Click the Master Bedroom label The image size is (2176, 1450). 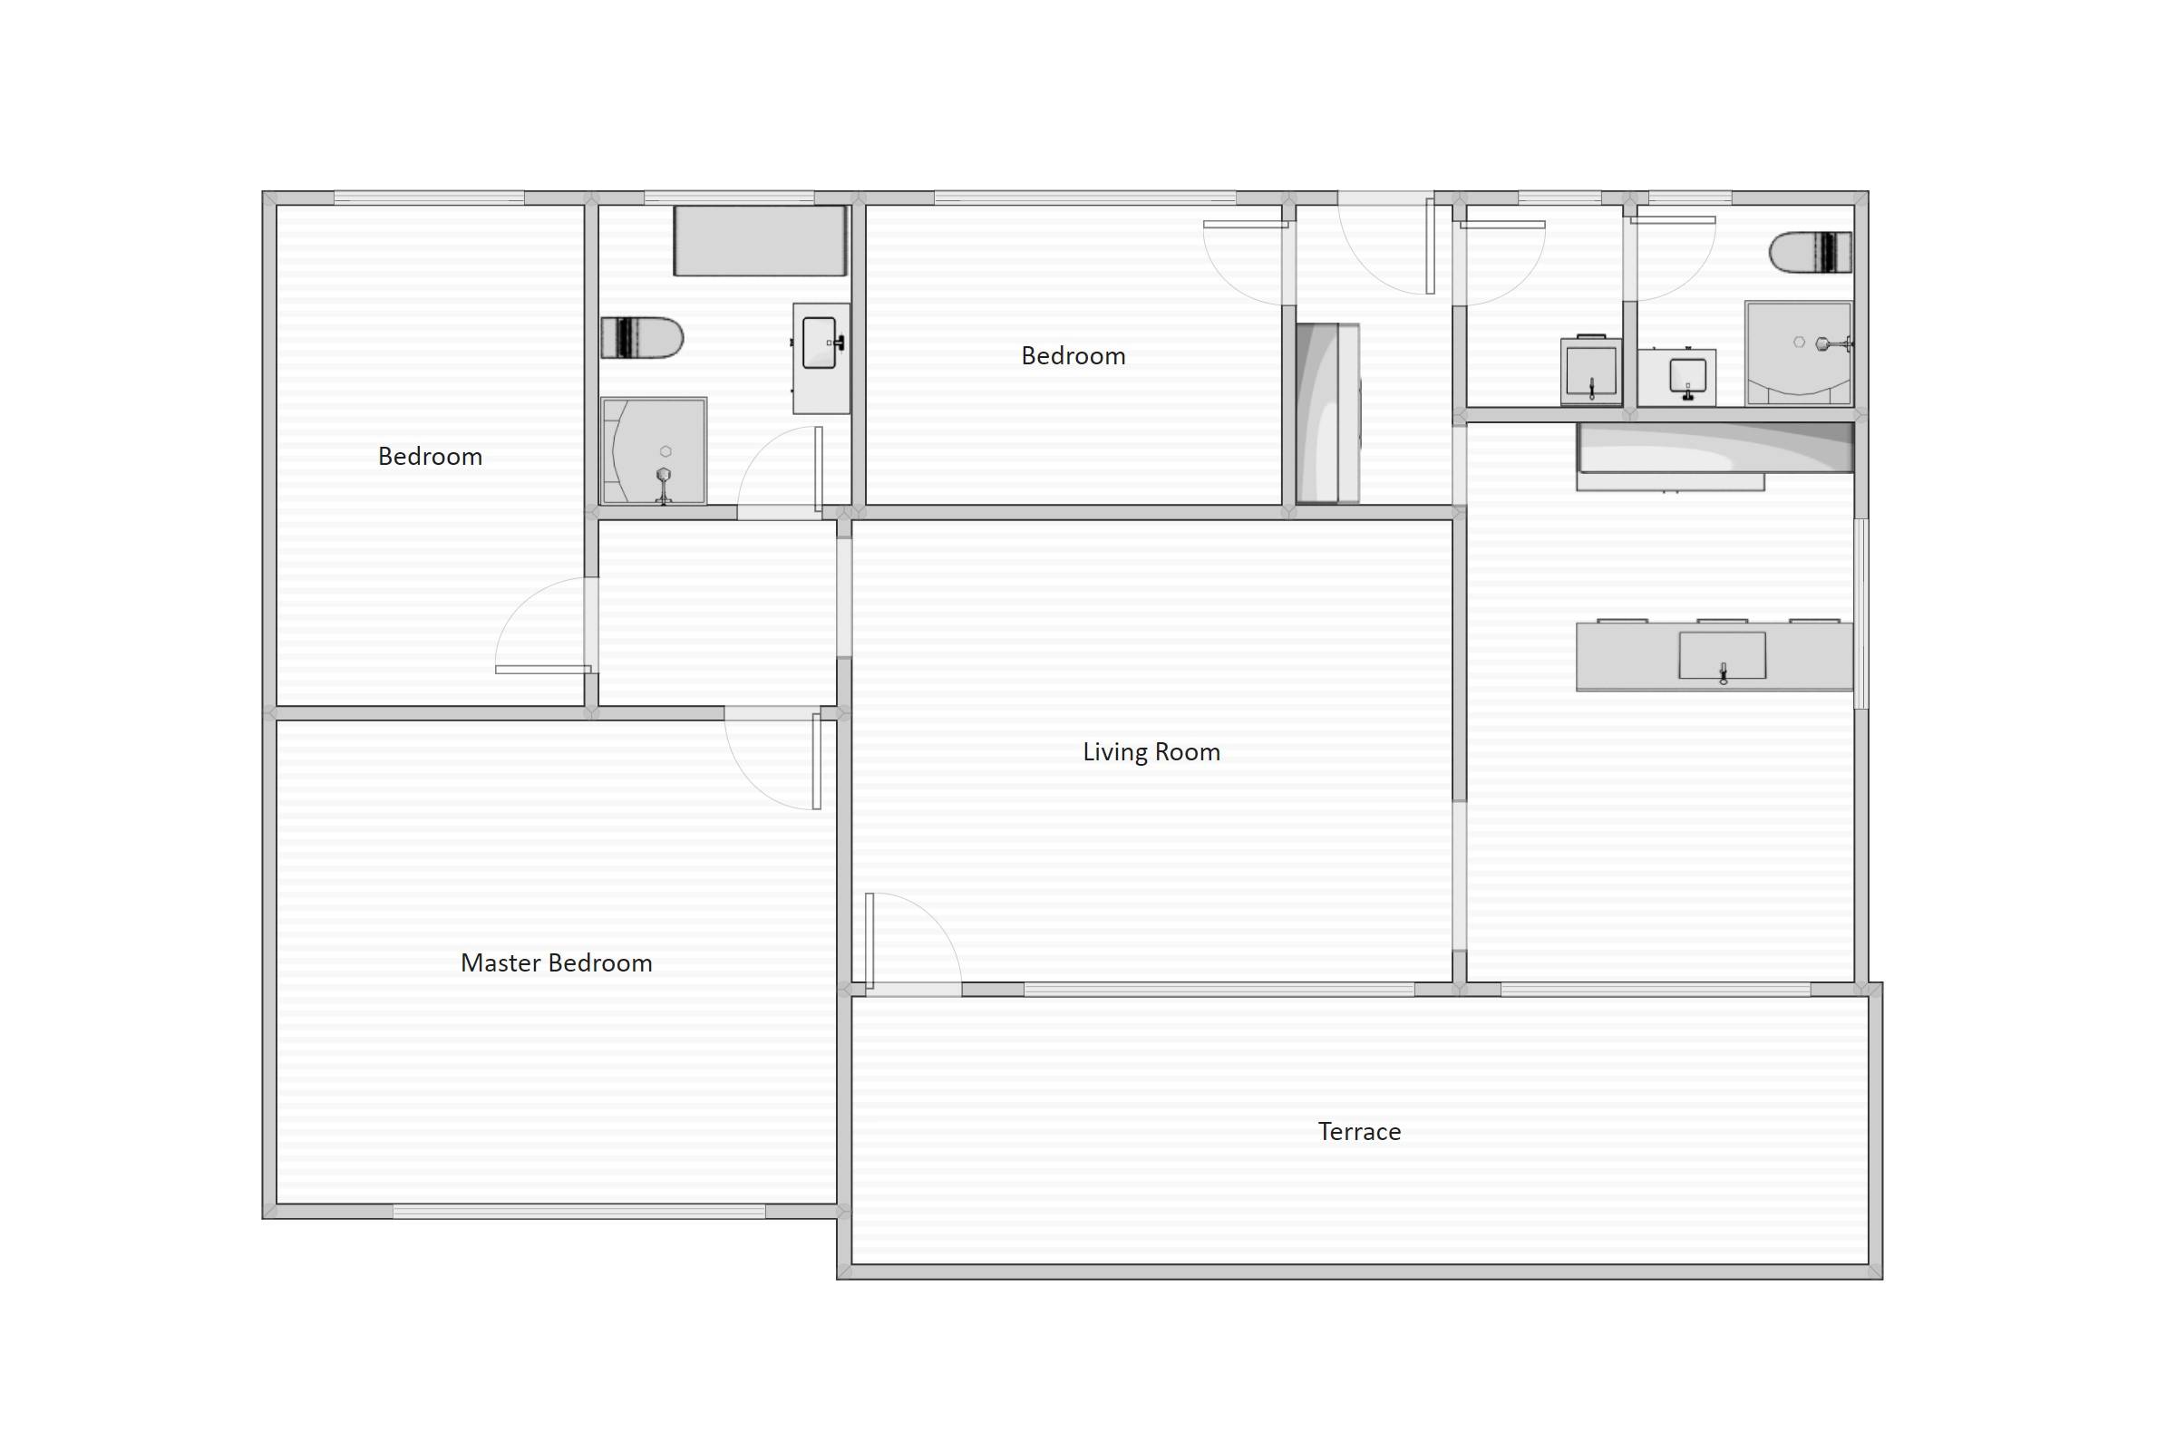point(556,962)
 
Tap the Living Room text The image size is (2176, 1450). point(1151,752)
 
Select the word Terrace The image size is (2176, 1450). point(1358,1131)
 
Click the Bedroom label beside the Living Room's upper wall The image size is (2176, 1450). point(1073,356)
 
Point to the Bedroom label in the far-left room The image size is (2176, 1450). point(429,456)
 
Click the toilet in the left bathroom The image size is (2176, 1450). point(641,337)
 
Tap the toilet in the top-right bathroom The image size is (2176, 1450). point(1810,253)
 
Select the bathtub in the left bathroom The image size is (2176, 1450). point(759,240)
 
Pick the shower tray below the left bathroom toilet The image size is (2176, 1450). point(653,451)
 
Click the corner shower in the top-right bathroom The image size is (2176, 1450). point(1798,353)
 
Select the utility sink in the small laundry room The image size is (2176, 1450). point(1590,370)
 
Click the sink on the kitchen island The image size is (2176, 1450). point(1722,655)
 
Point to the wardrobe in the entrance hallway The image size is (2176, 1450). point(1326,412)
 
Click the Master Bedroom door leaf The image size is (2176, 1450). point(816,760)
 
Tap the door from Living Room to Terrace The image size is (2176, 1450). point(869,940)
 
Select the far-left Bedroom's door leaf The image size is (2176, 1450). point(543,669)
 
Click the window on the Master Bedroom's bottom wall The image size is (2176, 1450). point(578,1212)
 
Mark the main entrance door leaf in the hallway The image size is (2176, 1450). point(1430,246)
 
